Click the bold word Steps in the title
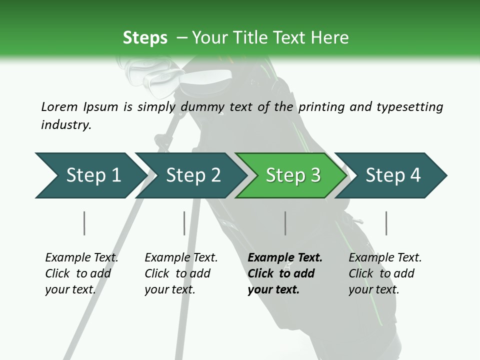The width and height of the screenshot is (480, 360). point(145,38)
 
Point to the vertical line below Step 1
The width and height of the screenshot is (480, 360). point(84,223)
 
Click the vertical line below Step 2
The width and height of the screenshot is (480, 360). point(184,223)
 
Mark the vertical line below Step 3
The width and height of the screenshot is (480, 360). point(285,223)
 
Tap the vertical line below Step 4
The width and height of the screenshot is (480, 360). point(386,223)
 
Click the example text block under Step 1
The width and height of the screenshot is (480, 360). point(81,273)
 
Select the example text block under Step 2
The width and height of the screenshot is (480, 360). point(181,273)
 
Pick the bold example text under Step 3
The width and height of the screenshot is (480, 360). point(284,273)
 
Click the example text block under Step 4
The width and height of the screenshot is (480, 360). point(385,273)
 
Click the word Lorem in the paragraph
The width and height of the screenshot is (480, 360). point(59,106)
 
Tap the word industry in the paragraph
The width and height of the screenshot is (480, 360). point(66,124)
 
